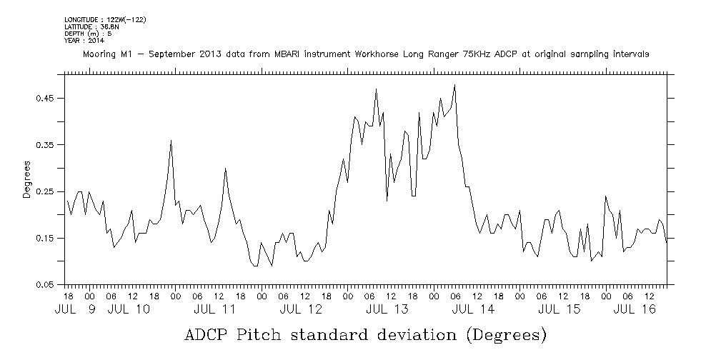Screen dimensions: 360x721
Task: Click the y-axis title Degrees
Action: point(26,179)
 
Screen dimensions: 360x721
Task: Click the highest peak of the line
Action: point(454,86)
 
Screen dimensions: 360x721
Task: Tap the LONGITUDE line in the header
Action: point(105,19)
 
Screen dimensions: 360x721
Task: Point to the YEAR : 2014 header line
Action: point(84,41)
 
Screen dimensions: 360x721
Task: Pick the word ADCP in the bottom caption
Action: point(207,334)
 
